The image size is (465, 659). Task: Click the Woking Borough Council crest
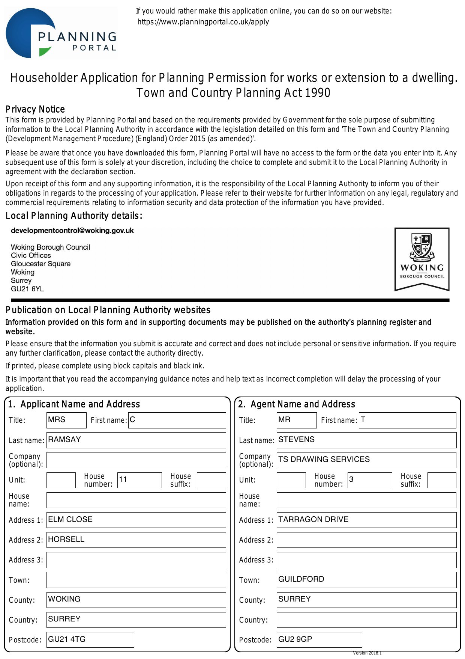[422, 259]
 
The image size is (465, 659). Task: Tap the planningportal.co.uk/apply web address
[203, 22]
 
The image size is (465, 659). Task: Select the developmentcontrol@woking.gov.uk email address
[72, 231]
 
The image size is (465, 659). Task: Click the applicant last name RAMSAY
[136, 440]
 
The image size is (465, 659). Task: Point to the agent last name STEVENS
[366, 440]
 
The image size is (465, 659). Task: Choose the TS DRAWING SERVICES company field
[366, 460]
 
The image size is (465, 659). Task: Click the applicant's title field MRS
[66, 420]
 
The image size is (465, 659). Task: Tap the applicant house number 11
[139, 480]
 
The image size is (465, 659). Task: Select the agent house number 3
[369, 480]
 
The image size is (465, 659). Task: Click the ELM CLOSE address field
[136, 520]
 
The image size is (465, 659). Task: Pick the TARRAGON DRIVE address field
[366, 520]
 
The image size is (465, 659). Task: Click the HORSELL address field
[136, 540]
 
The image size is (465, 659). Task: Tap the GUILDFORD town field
[366, 579]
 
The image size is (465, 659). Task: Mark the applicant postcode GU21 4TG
[90, 639]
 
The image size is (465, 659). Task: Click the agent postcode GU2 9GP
[319, 639]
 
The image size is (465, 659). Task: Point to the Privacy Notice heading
[35, 109]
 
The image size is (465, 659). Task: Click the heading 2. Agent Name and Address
[297, 404]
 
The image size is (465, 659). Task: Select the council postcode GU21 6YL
[27, 289]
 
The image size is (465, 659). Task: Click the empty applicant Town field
[136, 580]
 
